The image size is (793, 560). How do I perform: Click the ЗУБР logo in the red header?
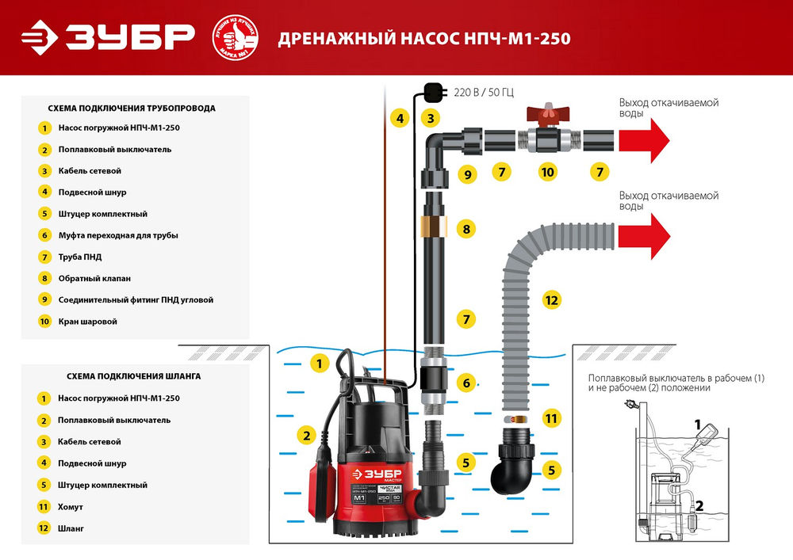click(x=108, y=38)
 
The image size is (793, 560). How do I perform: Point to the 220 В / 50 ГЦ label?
click(x=483, y=93)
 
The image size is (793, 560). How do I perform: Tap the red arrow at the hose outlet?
click(x=644, y=235)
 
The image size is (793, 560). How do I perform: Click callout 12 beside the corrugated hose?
click(x=552, y=299)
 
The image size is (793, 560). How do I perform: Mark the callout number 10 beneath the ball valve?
click(x=546, y=171)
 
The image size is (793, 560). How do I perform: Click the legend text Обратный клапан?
click(x=94, y=278)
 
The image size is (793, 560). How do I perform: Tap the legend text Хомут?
click(x=71, y=506)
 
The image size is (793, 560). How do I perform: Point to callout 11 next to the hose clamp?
click(x=552, y=417)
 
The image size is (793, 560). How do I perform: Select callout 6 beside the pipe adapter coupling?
click(x=467, y=383)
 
